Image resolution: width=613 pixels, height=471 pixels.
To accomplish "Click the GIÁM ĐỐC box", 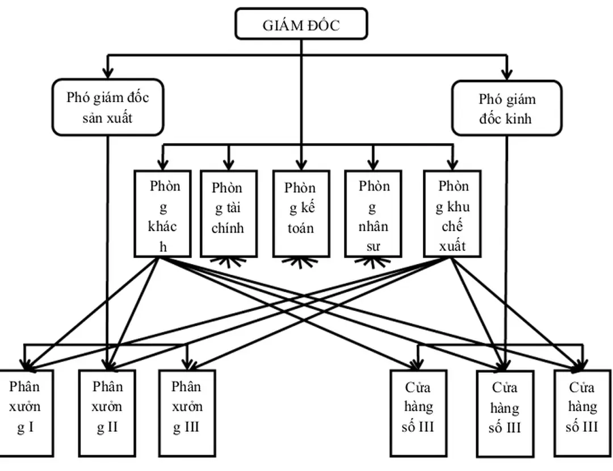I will click(x=301, y=24).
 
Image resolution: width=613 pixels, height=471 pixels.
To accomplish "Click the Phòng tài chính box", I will click(x=228, y=213).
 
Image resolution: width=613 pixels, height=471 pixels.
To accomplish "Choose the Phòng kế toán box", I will click(x=301, y=213).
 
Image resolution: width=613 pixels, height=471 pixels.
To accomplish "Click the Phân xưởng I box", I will click(x=26, y=413).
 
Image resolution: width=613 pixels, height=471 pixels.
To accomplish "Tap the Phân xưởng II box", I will click(x=107, y=413).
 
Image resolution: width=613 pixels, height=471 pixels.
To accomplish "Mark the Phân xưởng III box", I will click(x=187, y=413).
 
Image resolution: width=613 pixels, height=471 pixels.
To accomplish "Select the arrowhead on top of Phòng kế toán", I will click(x=301, y=165).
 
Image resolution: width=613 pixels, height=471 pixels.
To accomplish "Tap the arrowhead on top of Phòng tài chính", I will click(x=228, y=165).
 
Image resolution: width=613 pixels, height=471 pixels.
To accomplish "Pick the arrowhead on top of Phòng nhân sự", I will click(x=373, y=165).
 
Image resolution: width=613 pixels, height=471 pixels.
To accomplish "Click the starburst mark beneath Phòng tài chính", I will click(x=228, y=261).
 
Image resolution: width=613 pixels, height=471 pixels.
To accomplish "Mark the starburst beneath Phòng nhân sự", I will click(x=373, y=261).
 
